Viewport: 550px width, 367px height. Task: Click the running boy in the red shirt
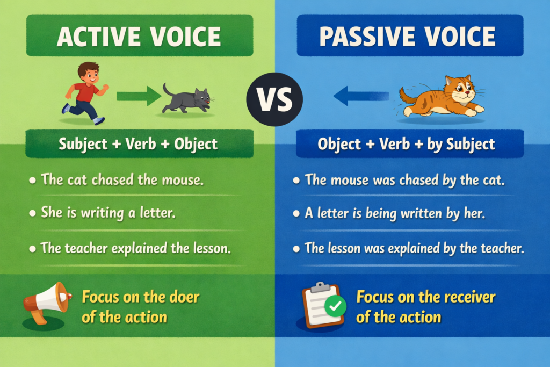pos(86,92)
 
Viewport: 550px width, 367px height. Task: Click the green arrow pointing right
pos(139,96)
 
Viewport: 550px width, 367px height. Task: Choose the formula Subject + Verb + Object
pos(139,143)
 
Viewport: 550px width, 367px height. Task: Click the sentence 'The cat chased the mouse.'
pos(122,179)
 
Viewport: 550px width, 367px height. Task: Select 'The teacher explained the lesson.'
pos(136,248)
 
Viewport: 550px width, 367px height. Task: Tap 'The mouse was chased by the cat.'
pos(405,179)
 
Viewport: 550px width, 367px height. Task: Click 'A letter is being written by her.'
pos(395,213)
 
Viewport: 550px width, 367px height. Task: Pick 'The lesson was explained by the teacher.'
pos(414,248)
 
